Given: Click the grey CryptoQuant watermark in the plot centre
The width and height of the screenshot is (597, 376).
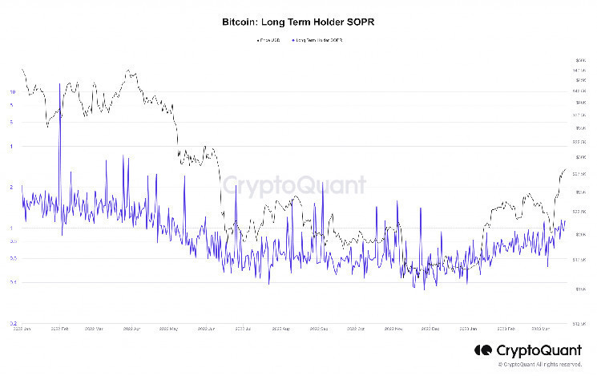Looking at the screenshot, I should pyautogui.click(x=294, y=185).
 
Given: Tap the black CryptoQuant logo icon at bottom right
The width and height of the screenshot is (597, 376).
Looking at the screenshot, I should pyautogui.click(x=483, y=350).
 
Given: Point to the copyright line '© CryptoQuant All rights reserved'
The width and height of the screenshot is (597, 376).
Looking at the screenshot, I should pyautogui.click(x=539, y=365).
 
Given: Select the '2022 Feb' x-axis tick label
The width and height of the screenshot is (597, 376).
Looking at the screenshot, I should pyautogui.click(x=58, y=328).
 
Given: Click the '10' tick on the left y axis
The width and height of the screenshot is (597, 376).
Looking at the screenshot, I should pyautogui.click(x=12, y=92).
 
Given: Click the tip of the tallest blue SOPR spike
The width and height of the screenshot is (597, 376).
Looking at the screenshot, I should pyautogui.click(x=59, y=83).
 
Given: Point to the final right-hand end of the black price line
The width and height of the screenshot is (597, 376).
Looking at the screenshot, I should pyautogui.click(x=566, y=169).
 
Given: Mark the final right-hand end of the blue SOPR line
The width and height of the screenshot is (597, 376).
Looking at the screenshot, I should pyautogui.click(x=565, y=220).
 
